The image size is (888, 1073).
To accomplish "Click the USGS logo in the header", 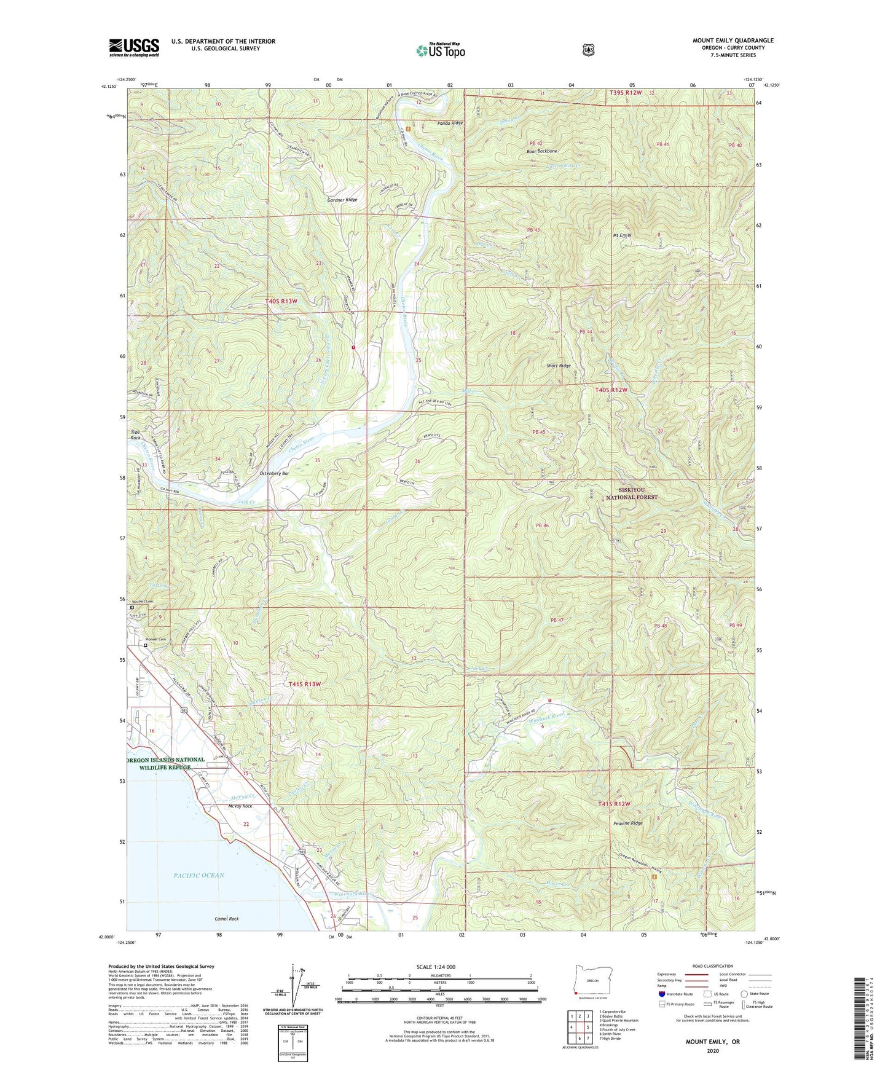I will (134, 47).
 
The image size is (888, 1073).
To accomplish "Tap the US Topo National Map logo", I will (440, 50).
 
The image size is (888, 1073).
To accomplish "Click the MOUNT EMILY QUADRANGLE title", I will (733, 41).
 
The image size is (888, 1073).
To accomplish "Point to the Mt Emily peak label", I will (621, 235).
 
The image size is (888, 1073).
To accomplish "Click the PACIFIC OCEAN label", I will (198, 875).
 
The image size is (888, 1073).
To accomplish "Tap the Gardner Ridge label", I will (342, 200).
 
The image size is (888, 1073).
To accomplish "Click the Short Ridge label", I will (559, 366).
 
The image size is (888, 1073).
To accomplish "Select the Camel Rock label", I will (226, 919).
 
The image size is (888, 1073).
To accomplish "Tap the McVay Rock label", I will (240, 806).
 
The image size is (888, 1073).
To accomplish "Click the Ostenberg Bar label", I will (274, 474).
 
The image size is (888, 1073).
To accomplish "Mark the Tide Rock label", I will (135, 435).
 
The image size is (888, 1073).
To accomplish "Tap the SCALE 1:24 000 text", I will (436, 967).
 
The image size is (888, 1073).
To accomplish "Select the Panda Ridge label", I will (450, 123).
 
